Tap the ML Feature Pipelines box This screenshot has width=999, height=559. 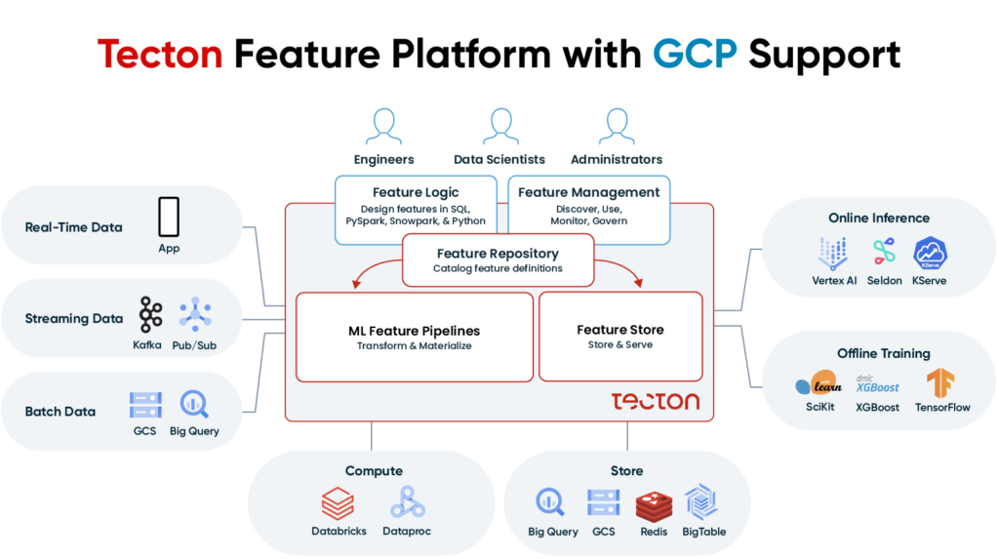414,338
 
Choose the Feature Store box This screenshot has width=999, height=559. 619,337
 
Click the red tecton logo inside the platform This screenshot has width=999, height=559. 655,401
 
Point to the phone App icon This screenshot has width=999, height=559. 169,217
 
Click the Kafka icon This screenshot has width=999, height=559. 150,314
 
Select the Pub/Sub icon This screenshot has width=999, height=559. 196,314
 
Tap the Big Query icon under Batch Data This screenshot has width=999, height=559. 195,404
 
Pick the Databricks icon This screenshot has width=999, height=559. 338,503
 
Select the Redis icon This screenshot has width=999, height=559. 653,504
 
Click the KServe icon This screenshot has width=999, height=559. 930,254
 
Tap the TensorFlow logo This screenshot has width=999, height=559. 941,382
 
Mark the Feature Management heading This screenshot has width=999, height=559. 588,192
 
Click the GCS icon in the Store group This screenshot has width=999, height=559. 604,503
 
